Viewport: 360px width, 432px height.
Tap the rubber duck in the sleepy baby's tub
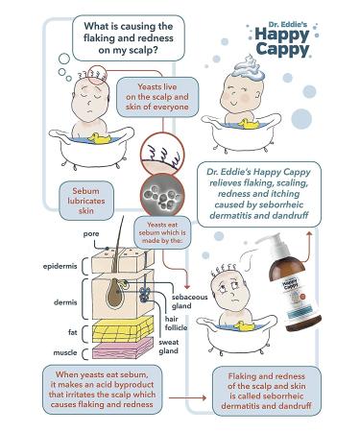pyautogui.click(x=100, y=138)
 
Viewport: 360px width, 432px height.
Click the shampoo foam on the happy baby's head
pyautogui.click(x=249, y=68)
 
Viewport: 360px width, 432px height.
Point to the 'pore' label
pyautogui.click(x=91, y=234)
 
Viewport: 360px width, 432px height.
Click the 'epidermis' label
pyautogui.click(x=60, y=266)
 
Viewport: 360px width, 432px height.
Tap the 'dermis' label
pyautogui.click(x=65, y=302)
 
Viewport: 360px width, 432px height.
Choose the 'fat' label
pyautogui.click(x=73, y=332)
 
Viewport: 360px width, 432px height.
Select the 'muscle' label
pyautogui.click(x=65, y=352)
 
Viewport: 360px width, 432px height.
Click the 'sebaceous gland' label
pyautogui.click(x=189, y=301)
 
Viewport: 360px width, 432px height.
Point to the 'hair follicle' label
pyautogui.click(x=176, y=324)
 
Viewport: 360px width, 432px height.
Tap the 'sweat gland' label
pyautogui.click(x=169, y=347)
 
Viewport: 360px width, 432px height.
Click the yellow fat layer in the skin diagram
pyautogui.click(x=123, y=329)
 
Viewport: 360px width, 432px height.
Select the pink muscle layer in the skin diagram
pyautogui.click(x=123, y=348)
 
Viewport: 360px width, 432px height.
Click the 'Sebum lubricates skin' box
pyautogui.click(x=86, y=201)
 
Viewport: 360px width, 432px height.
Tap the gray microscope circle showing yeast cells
pyautogui.click(x=162, y=195)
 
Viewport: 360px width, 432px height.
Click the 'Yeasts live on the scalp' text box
pyautogui.click(x=157, y=97)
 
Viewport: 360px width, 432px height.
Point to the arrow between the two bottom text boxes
pyautogui.click(x=187, y=397)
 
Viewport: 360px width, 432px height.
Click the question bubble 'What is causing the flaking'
pyautogui.click(x=129, y=38)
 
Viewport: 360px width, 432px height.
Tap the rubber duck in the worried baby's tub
pyautogui.click(x=244, y=326)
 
